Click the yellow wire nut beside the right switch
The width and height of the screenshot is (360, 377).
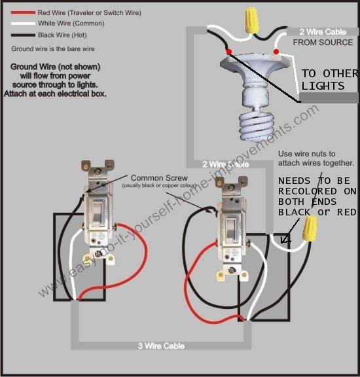310,228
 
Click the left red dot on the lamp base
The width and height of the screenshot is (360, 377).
227,51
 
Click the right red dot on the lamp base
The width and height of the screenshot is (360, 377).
276,51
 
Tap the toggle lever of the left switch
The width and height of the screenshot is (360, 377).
94,210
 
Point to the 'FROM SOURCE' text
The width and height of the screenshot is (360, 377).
323,43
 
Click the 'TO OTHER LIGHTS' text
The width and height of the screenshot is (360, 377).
329,80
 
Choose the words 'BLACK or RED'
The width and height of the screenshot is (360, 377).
317,212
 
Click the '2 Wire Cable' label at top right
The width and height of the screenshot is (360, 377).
323,31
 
